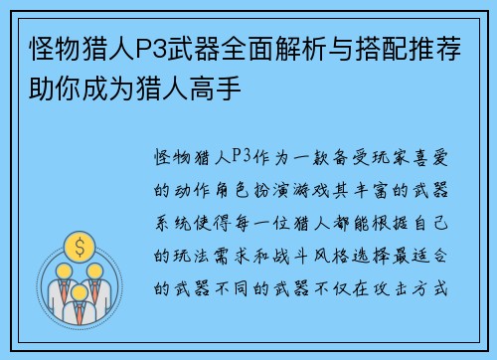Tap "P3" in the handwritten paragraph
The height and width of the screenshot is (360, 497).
pyautogui.click(x=241, y=156)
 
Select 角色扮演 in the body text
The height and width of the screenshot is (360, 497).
pyautogui.click(x=248, y=187)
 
